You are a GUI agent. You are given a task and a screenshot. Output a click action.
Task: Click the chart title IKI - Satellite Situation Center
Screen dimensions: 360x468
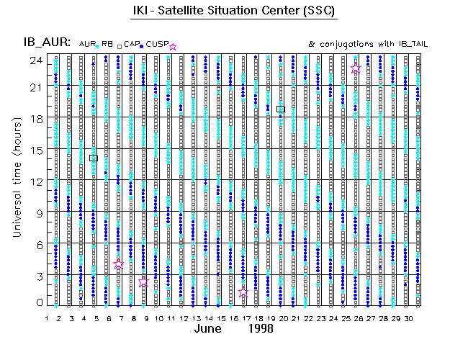coord(234,11)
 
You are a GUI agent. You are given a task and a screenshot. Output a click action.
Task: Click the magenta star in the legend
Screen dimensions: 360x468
coord(172,47)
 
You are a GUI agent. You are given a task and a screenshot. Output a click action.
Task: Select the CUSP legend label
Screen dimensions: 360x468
coord(157,45)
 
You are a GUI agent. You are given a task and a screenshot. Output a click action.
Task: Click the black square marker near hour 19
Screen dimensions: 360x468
coord(280,109)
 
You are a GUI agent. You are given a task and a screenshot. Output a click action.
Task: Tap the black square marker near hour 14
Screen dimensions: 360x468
coord(94,158)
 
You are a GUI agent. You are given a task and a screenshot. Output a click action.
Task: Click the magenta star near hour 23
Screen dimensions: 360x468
coord(356,69)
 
